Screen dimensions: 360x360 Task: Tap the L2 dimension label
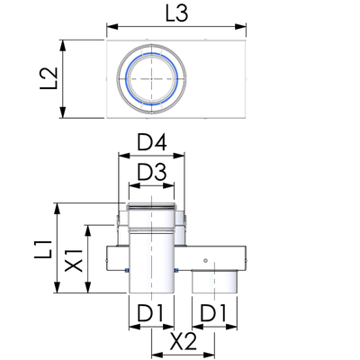tap(49, 78)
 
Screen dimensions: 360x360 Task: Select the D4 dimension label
tap(152, 143)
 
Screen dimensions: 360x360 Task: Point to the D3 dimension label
tap(151, 173)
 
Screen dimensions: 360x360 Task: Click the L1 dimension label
tap(43, 249)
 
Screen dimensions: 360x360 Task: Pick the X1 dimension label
tap(74, 260)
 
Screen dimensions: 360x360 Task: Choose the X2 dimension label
tap(183, 341)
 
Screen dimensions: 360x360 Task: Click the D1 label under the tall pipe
tap(150, 313)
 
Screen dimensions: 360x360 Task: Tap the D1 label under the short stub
tap(214, 313)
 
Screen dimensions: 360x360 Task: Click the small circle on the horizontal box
tap(205, 260)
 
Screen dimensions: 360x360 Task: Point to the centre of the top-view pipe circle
tap(151, 79)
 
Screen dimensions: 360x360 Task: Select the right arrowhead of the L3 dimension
tap(240, 26)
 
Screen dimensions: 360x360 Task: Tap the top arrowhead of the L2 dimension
tap(62, 46)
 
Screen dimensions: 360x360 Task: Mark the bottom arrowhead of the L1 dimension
tap(57, 287)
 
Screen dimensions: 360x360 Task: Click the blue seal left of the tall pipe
tap(126, 271)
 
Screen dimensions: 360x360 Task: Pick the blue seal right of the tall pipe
tap(176, 271)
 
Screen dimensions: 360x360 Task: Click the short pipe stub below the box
tap(214, 282)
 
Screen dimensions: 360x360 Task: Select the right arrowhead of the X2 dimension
tap(209, 354)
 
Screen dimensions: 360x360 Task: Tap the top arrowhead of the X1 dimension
tap(88, 230)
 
